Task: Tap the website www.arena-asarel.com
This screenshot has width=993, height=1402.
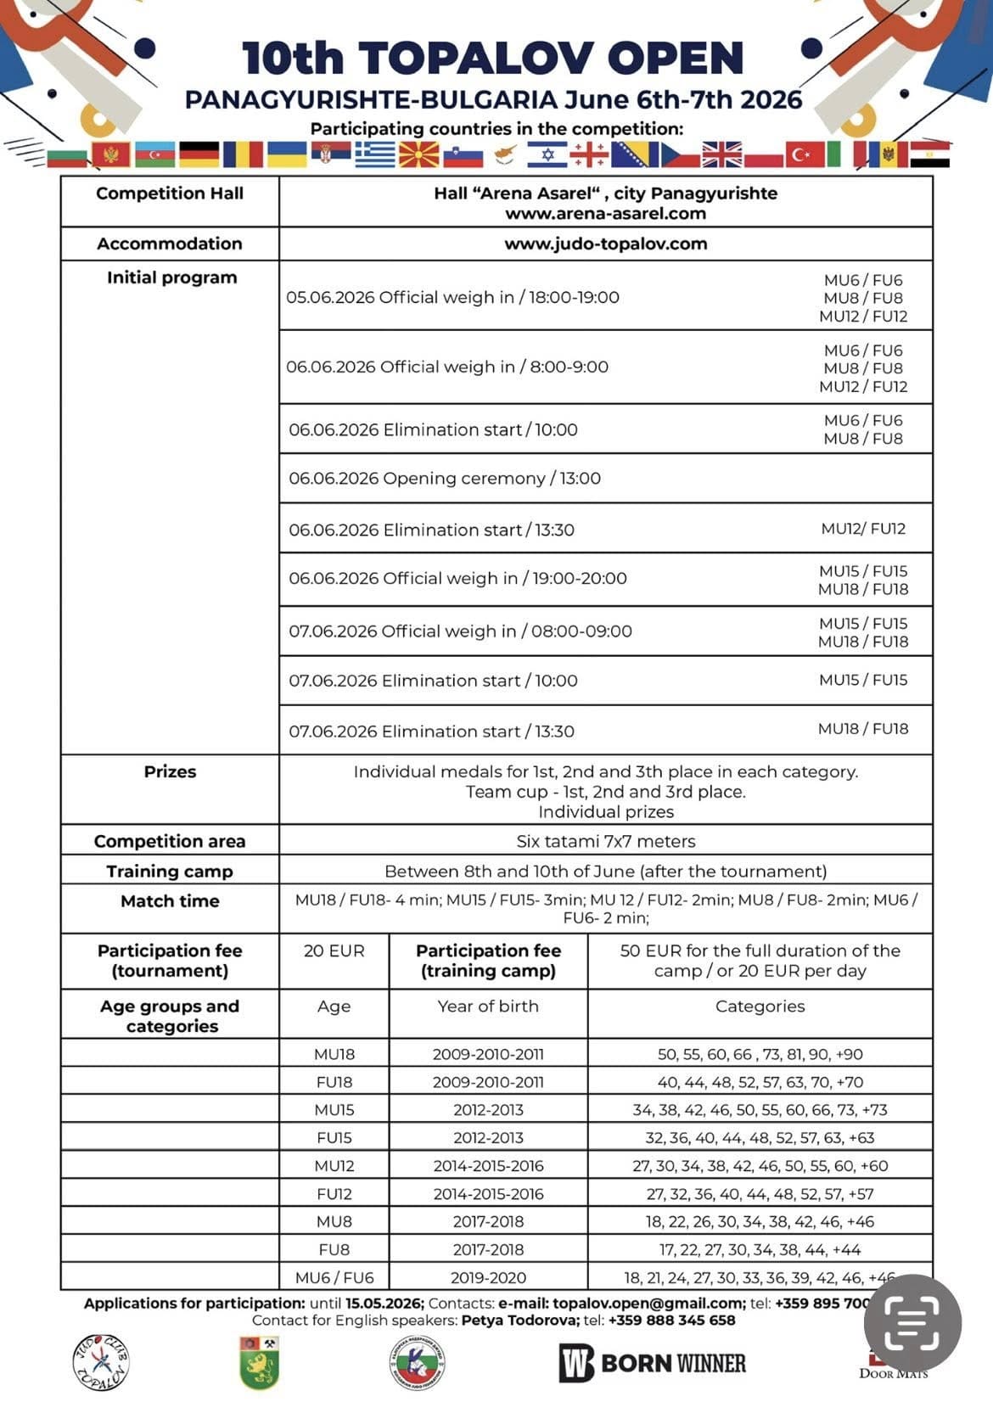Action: [605, 214]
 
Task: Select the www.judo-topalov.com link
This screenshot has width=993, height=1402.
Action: [605, 244]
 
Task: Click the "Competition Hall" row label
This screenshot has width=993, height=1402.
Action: [170, 193]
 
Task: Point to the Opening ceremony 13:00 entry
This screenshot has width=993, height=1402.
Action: [445, 479]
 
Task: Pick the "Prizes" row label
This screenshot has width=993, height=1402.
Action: [170, 771]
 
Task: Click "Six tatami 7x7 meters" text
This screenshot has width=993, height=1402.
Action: [605, 841]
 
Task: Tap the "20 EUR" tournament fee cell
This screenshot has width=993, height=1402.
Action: [334, 951]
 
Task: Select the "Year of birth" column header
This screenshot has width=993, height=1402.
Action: [488, 1007]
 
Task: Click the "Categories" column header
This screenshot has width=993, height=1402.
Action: [760, 1007]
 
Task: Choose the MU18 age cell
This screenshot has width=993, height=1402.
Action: [334, 1054]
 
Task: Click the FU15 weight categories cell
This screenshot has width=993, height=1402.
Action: [760, 1138]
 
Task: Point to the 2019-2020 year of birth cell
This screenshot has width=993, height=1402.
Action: [488, 1277]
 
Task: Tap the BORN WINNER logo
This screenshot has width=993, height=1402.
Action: [652, 1363]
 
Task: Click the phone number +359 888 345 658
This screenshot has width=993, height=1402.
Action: [671, 1321]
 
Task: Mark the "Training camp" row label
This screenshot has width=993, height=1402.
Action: [170, 872]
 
